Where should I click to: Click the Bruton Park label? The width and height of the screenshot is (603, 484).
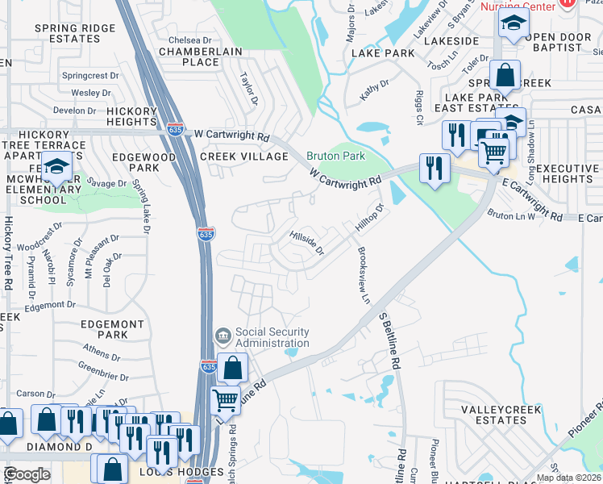point(335,156)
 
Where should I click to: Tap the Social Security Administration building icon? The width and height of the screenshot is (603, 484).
point(222,334)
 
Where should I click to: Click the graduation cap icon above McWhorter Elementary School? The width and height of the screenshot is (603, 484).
point(56,167)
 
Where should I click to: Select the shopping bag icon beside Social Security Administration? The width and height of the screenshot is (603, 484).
point(232,368)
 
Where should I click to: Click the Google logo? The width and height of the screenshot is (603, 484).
point(27,474)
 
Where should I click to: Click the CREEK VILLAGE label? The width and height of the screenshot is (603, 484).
point(243,156)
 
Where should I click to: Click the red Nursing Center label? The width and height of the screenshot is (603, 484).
point(518,6)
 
